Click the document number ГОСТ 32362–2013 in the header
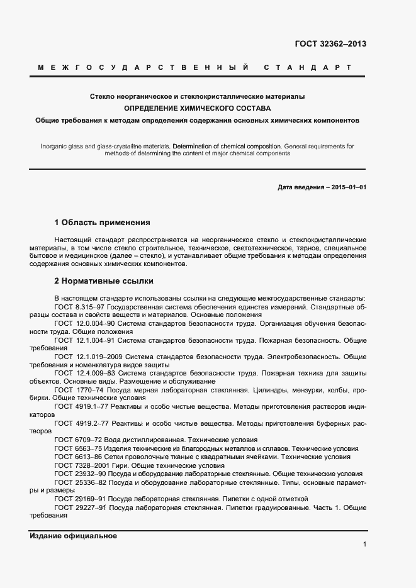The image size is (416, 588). (x=330, y=44)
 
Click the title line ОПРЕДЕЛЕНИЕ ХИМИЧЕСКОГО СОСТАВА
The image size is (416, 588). (x=197, y=108)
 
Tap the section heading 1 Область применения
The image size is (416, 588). (x=103, y=222)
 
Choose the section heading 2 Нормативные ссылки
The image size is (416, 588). (x=104, y=280)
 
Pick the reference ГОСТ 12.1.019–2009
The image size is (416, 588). (x=84, y=357)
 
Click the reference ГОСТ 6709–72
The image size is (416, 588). (x=74, y=440)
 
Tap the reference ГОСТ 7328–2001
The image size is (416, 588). (x=77, y=465)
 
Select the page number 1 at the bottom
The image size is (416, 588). (x=364, y=545)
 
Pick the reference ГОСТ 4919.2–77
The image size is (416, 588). (x=77, y=424)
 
